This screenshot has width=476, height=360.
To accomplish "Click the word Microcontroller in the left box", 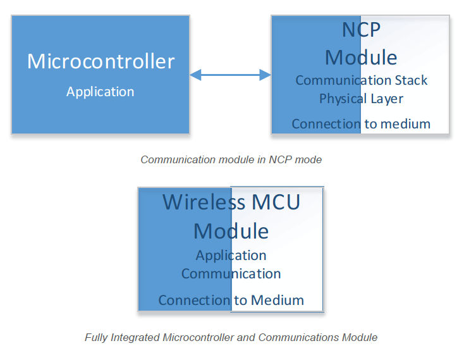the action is click(101, 61).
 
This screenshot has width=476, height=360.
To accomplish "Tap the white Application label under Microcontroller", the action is click(100, 92).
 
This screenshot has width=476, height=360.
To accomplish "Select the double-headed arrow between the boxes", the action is click(230, 75).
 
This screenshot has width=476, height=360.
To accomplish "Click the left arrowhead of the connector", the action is click(195, 75).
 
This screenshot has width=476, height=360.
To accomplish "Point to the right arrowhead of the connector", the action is click(265, 75).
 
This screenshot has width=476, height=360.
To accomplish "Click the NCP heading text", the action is click(361, 30).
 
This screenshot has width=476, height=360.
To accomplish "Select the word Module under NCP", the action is click(361, 58).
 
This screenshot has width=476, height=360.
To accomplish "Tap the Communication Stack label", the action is click(361, 80).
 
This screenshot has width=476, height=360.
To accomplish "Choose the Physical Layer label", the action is click(361, 99).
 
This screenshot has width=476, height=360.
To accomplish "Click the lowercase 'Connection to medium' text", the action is click(361, 124).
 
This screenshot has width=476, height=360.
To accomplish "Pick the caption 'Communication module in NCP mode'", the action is click(231, 159).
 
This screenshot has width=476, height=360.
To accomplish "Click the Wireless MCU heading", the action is click(231, 202).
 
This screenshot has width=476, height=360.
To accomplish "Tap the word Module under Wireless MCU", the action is click(231, 231).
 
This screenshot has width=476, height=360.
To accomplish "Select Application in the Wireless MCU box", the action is click(231, 256).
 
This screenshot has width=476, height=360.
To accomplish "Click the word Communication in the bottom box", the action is click(231, 274).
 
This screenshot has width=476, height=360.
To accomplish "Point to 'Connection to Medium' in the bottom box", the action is click(231, 300).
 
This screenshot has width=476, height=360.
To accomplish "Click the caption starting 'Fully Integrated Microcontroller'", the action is click(231, 337).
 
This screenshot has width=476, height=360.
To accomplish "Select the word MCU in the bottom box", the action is click(276, 202).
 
